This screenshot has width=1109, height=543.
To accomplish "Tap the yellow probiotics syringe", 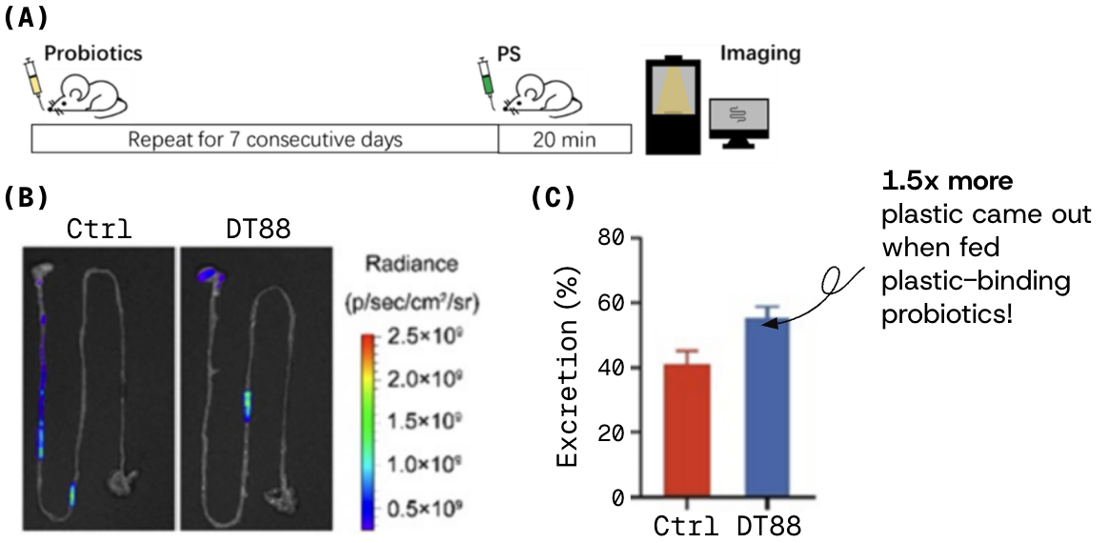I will (x=33, y=79).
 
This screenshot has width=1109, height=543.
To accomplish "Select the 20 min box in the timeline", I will (x=565, y=140).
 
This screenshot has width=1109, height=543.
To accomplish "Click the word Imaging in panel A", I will (x=759, y=54).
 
